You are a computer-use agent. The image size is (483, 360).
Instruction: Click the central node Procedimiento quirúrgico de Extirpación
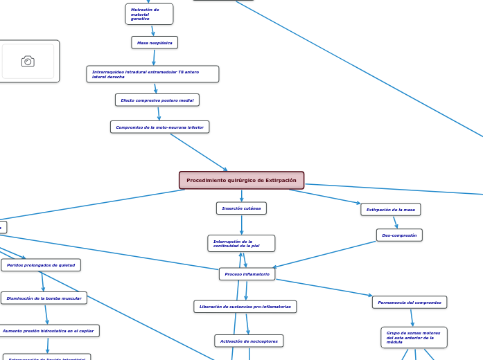241,181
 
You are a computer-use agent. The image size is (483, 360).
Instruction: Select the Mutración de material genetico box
149,14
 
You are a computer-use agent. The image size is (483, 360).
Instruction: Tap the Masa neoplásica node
155,43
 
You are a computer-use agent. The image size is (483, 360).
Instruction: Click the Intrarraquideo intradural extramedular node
152,74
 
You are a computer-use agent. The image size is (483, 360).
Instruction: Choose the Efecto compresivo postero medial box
157,100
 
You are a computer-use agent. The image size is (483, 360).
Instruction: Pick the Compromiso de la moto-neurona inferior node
159,127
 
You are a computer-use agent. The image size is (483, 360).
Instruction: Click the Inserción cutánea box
241,208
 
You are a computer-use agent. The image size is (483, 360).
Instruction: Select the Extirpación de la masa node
391,209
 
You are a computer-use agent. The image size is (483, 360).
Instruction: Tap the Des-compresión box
399,235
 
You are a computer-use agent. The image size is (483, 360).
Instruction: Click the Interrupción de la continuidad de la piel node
241,244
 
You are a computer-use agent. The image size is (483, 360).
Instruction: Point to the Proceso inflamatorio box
247,274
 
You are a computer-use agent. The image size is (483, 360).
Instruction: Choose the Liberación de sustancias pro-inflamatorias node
245,307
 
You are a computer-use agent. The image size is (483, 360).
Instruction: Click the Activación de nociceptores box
249,341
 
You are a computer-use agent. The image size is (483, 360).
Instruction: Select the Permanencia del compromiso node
410,303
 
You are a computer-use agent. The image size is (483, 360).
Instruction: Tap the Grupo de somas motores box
414,337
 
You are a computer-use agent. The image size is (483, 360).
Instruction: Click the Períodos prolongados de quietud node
41,265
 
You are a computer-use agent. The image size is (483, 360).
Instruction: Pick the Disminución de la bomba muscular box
44,298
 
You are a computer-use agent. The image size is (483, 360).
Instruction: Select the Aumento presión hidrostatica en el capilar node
48,332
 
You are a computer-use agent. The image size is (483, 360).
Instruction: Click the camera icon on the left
28,62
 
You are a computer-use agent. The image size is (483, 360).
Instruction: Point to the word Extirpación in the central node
280,181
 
